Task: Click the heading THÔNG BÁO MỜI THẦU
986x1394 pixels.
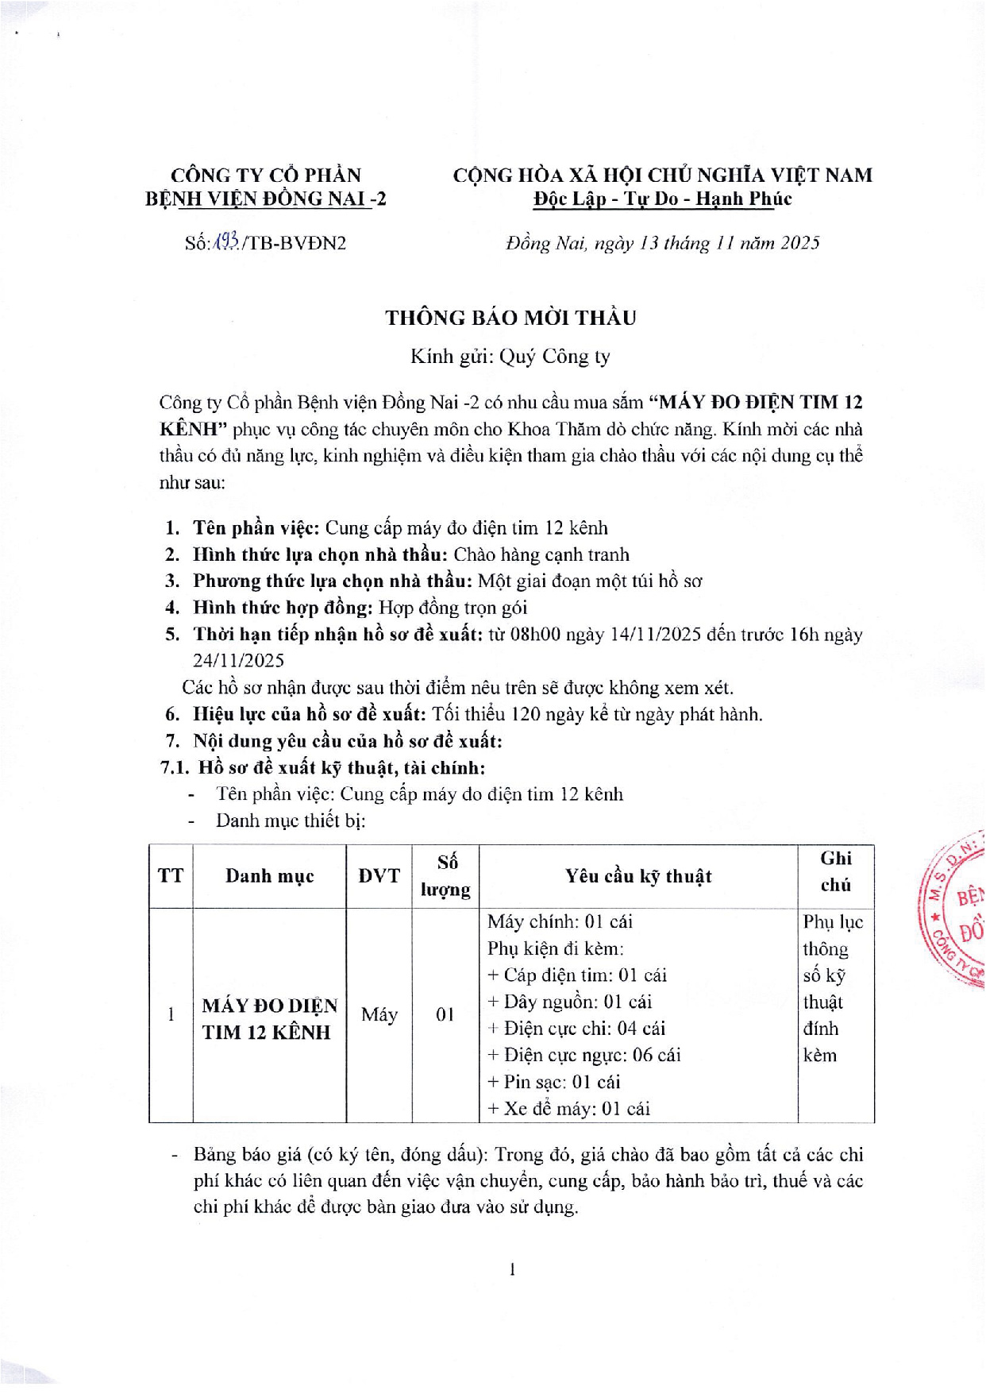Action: click(510, 318)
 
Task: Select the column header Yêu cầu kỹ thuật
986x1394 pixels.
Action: click(638, 876)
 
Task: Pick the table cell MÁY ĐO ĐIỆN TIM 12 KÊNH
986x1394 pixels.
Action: click(269, 1018)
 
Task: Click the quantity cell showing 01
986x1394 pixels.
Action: click(445, 1014)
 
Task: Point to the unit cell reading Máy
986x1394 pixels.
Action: click(379, 1014)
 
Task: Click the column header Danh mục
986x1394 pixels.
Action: click(269, 876)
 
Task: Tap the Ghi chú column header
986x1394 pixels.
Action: click(836, 871)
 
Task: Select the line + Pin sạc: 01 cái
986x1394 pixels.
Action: click(553, 1082)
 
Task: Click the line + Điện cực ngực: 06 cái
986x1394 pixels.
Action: click(584, 1055)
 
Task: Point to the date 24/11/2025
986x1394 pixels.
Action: click(238, 661)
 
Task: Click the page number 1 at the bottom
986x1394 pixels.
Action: click(512, 1269)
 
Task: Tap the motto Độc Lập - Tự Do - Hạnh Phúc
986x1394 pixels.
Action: click(662, 199)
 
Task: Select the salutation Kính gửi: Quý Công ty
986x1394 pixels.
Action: click(510, 357)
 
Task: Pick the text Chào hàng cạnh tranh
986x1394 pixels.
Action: click(544, 554)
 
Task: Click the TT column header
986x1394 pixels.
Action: click(171, 876)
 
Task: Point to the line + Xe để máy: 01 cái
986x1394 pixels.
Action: click(568, 1108)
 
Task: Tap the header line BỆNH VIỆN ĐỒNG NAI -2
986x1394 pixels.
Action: click(265, 199)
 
